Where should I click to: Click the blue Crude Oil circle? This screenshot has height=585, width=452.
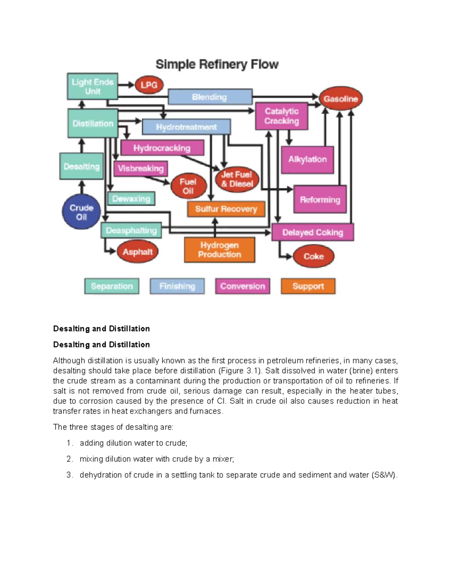[81, 212]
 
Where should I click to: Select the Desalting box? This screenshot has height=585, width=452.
[81, 166]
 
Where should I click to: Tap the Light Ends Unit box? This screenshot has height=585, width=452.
[92, 86]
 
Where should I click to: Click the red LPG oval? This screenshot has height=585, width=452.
[149, 85]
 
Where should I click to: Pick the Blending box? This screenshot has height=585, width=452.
[210, 97]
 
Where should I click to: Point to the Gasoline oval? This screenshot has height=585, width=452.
[341, 99]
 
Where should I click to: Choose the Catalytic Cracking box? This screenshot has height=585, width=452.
[281, 116]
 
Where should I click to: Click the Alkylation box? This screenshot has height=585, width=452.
[307, 159]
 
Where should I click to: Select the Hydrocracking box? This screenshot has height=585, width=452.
[162, 148]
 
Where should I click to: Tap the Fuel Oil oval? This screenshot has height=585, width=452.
[188, 186]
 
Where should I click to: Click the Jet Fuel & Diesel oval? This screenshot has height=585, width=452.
[237, 179]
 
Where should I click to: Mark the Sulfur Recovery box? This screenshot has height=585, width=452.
[226, 209]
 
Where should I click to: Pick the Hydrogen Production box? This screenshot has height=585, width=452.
[219, 250]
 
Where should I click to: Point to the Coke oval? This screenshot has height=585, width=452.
[313, 256]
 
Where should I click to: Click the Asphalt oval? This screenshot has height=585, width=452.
[137, 252]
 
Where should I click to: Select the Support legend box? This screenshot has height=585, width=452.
[308, 286]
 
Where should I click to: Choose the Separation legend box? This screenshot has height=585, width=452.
[112, 286]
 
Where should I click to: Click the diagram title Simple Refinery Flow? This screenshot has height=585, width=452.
[217, 64]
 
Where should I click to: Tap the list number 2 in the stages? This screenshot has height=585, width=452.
[69, 459]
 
